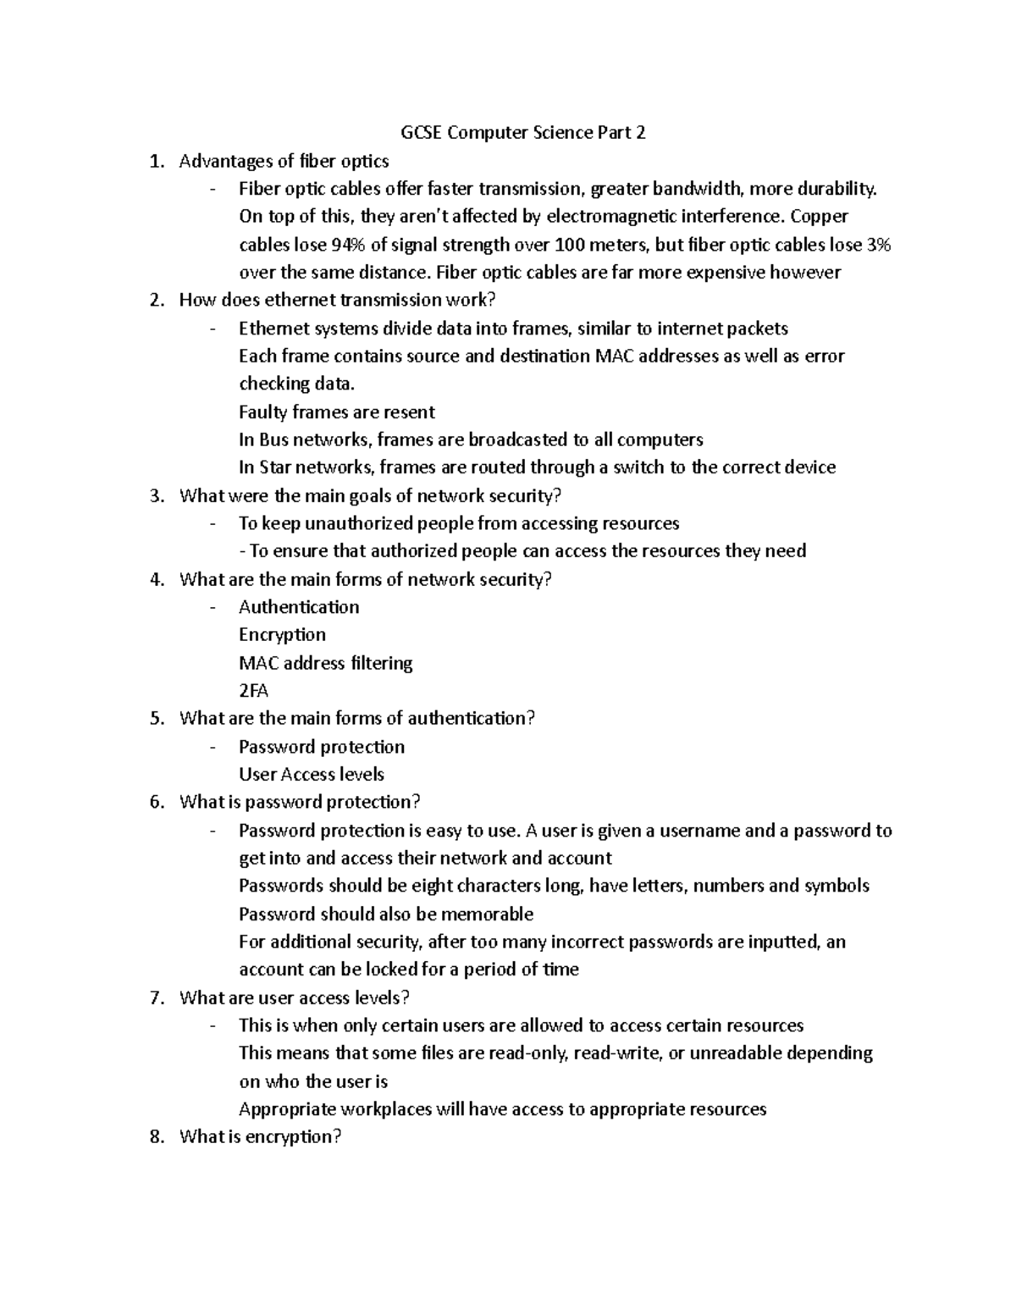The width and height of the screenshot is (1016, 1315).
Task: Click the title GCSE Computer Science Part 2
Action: pos(523,133)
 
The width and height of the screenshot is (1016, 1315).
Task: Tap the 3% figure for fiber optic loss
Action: pos(879,246)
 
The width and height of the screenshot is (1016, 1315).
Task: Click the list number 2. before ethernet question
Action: pos(157,301)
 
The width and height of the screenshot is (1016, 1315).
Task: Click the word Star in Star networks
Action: pos(276,468)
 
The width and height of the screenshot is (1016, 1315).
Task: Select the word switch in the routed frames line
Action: pos(638,468)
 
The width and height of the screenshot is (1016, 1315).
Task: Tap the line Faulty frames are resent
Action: pos(337,412)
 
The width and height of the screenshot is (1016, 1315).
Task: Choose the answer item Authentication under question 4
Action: pos(299,607)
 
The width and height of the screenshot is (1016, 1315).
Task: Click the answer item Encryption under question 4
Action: pos(282,635)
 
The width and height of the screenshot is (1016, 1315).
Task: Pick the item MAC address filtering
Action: pos(326,663)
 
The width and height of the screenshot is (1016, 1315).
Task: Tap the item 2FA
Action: pos(253,691)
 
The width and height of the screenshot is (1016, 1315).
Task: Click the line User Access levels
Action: pos(312,775)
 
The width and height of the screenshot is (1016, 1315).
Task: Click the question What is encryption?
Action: pos(260,1137)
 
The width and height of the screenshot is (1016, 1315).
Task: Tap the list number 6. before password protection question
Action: pos(157,803)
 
